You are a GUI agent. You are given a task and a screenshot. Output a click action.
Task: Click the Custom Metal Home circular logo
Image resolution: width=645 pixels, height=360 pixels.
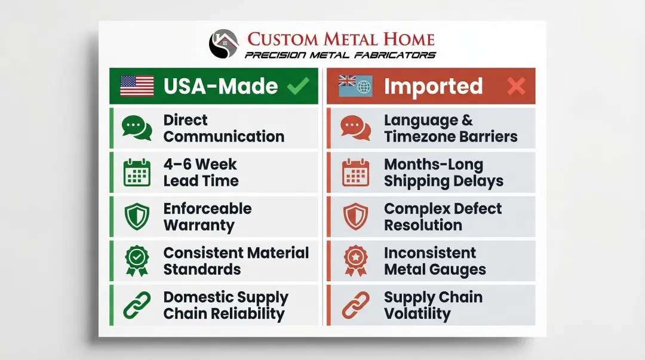pos(223,44)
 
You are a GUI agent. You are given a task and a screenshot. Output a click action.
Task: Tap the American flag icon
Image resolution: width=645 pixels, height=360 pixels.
pos(137,86)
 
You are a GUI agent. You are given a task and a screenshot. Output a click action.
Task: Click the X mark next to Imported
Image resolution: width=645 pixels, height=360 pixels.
pos(516,87)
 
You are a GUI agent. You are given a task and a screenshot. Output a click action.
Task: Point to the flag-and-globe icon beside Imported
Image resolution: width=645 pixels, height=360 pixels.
pos(355,86)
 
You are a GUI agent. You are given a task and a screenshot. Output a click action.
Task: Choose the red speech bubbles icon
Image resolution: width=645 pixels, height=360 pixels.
pos(355,128)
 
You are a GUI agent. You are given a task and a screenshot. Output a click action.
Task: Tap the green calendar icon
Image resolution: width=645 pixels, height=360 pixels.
pos(137,173)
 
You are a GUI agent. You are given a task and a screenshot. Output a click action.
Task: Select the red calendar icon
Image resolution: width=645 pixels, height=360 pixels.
pos(355,173)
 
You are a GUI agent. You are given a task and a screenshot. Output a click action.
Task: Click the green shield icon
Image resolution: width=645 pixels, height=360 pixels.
pos(137,217)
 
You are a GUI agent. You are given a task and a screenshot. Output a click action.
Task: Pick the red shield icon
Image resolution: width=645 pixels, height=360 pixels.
pos(355,217)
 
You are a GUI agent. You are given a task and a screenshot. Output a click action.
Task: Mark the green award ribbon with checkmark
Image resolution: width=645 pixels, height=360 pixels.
pos(137,261)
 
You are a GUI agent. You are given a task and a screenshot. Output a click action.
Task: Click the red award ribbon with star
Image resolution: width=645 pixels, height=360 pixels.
pos(355,261)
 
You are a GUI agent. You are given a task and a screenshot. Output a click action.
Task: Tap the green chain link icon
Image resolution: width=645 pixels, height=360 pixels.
pos(137,305)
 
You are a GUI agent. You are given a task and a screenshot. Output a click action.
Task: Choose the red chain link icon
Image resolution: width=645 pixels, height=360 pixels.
pos(355,305)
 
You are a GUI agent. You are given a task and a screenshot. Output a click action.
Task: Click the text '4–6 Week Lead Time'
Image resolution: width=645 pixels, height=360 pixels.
pos(201,173)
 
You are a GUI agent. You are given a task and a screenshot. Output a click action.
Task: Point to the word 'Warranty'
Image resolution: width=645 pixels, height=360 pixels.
pos(199,226)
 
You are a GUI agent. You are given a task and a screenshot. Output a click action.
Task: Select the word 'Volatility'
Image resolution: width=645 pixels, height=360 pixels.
pos(417,314)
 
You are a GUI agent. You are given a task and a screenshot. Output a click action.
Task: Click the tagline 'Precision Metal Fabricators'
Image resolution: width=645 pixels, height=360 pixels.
pos(340,55)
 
